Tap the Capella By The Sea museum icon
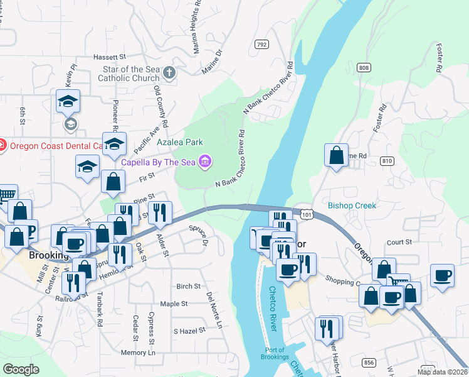tap(204, 162)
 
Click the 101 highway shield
tap(306, 215)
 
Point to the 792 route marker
tap(261, 45)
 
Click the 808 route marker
tap(364, 67)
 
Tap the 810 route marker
tap(387, 161)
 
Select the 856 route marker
tap(369, 363)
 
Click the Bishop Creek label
tap(352, 205)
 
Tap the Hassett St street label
tap(110, 57)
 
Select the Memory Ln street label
tap(137, 353)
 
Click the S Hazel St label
tap(189, 331)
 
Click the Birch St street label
tap(187, 286)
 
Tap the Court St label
tap(399, 241)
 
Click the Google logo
tap(21, 369)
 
